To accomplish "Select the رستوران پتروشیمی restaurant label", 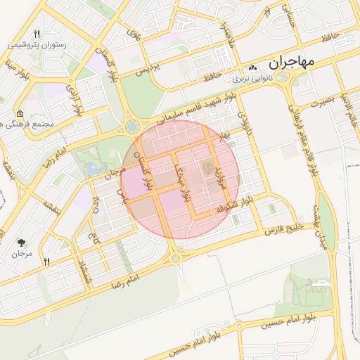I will click(x=39, y=44).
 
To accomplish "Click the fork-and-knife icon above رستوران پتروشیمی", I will click(x=37, y=32).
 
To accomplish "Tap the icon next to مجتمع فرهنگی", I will click(x=20, y=114).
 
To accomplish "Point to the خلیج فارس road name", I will click(x=288, y=226).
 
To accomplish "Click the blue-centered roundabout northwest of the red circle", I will click(x=131, y=127).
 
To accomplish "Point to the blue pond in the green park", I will click(x=91, y=169).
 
